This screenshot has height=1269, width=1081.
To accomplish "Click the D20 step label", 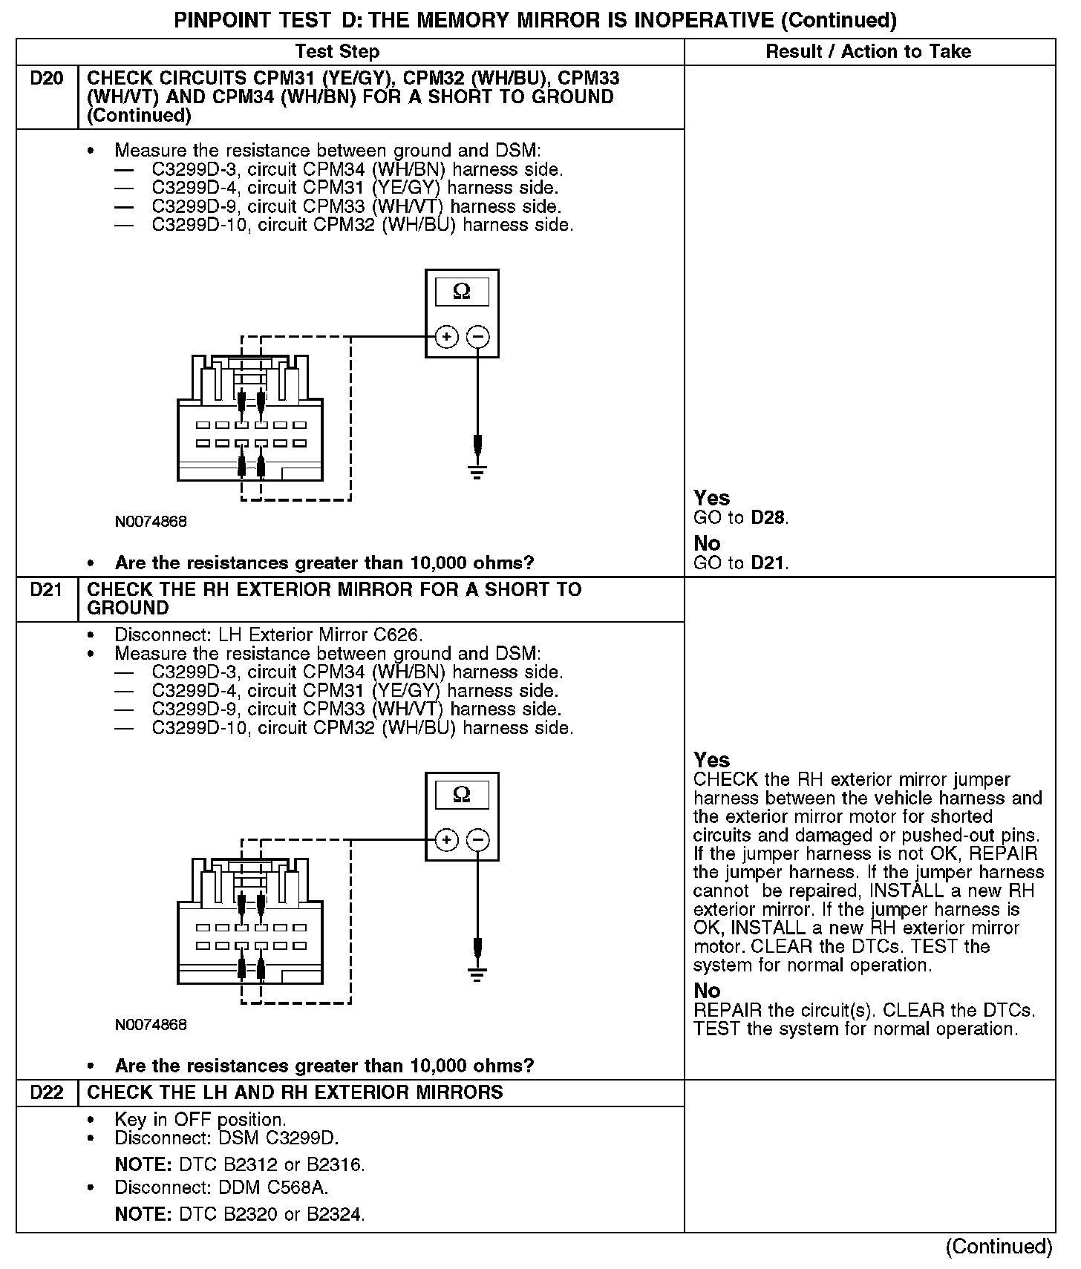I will [47, 79].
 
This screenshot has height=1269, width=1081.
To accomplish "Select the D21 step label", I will [47, 590].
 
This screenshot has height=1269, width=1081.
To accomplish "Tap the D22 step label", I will [47, 1092].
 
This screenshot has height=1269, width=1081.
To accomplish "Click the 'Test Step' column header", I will [337, 51].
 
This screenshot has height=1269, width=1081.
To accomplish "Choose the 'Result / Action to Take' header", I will [868, 51].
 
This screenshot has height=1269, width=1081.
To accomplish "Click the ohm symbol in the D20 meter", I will [461, 292].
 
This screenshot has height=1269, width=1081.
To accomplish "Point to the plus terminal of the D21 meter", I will [446, 840].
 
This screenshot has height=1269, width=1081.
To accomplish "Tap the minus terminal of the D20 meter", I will [478, 337].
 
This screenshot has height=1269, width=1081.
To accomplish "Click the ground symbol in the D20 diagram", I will [477, 470].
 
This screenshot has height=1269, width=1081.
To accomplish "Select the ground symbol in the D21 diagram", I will [477, 974].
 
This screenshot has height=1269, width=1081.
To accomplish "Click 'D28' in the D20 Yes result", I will [768, 518].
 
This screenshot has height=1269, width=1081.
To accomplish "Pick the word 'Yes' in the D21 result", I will [711, 760].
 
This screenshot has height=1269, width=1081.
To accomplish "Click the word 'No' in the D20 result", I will [707, 544].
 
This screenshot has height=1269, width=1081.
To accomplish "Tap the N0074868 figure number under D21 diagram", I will [151, 1025].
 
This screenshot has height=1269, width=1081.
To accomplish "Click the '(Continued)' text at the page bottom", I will [999, 1247].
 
